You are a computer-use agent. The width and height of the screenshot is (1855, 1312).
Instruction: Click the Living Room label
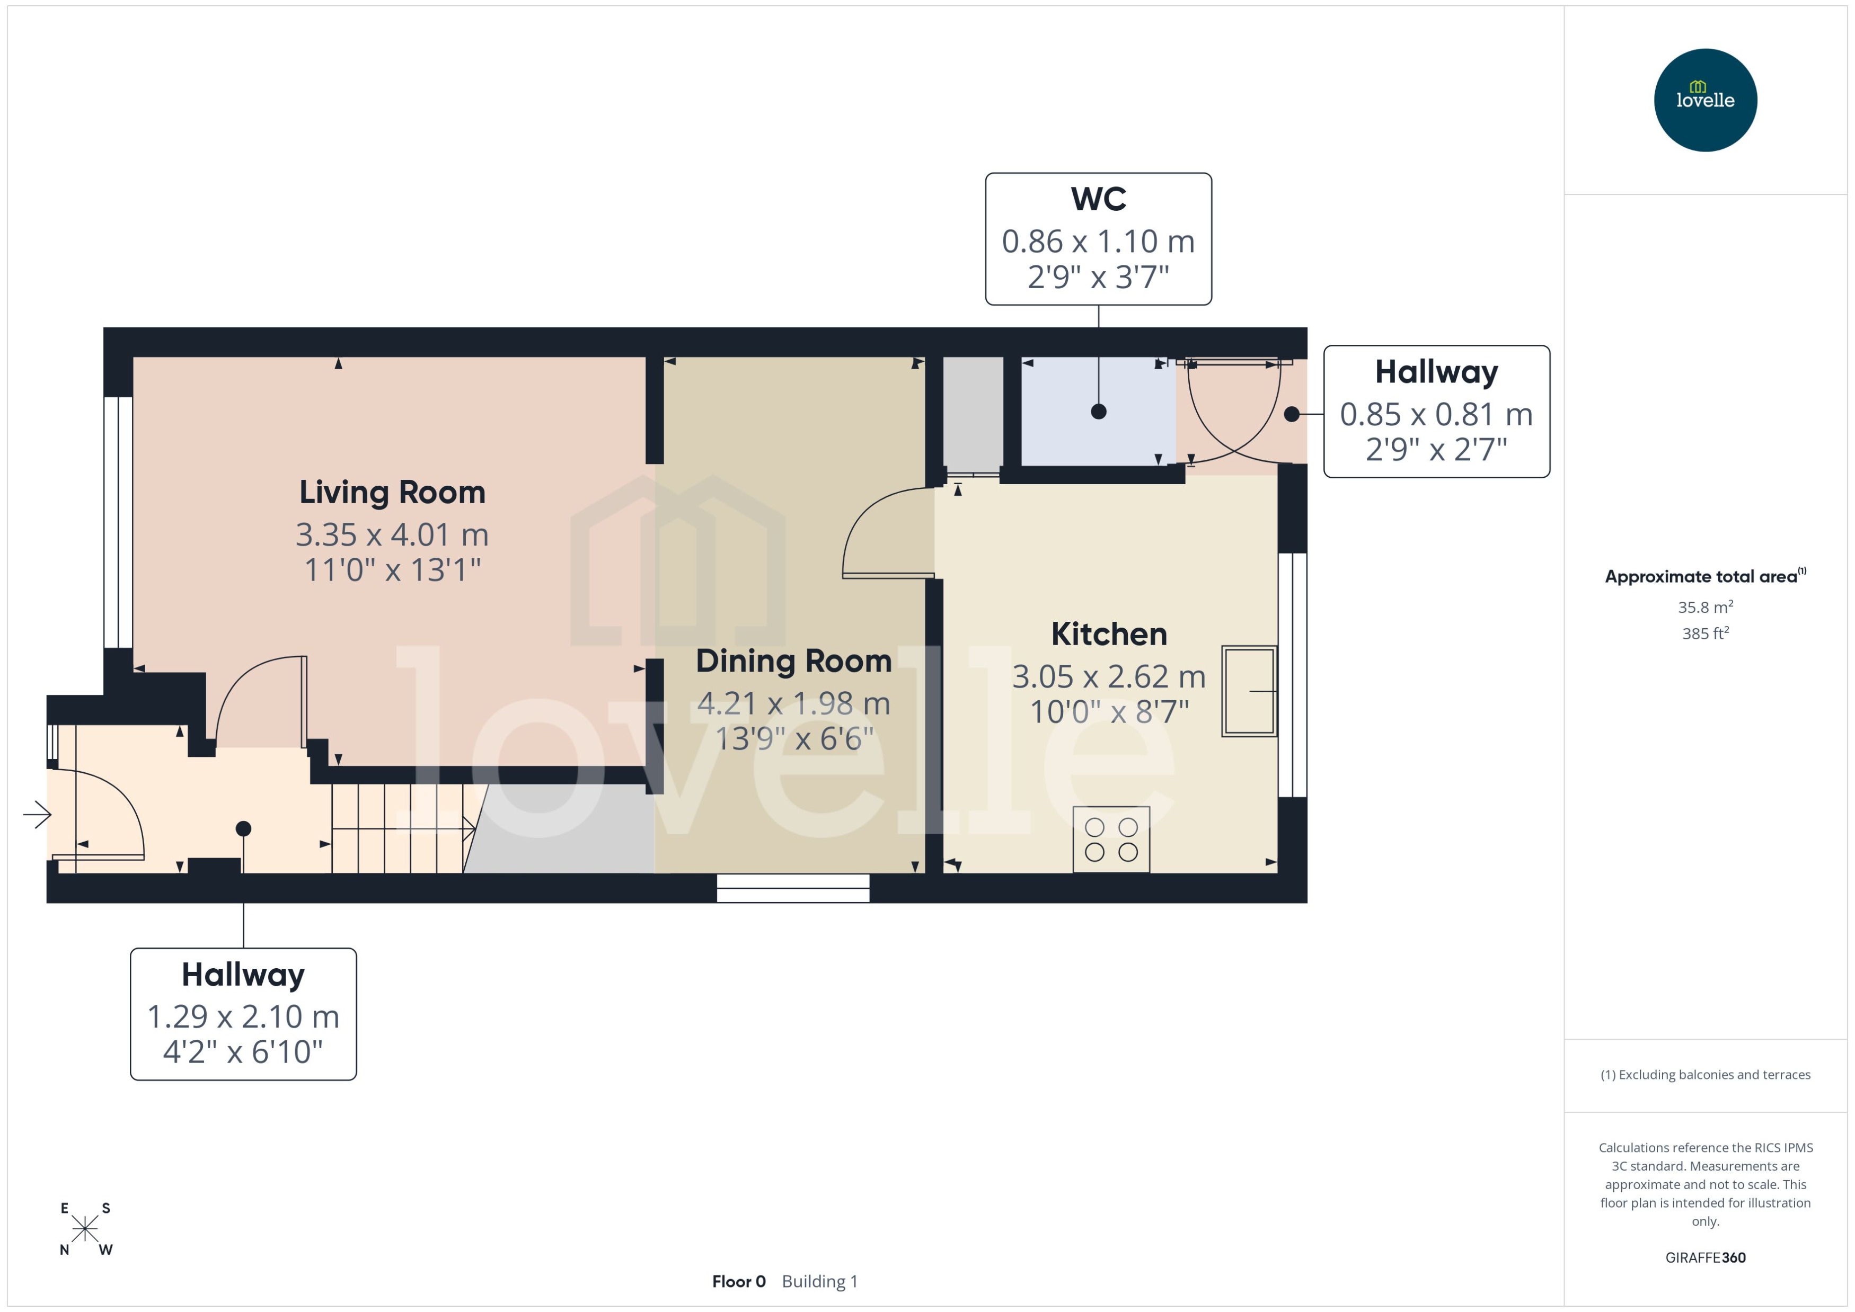click(x=392, y=492)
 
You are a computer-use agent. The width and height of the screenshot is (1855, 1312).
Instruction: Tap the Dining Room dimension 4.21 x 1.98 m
click(x=793, y=703)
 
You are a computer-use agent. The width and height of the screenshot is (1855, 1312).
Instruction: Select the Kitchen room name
click(x=1109, y=634)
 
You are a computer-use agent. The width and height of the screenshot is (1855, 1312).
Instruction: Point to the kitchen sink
click(x=1249, y=691)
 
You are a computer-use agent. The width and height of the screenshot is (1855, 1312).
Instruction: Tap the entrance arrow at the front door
click(x=37, y=814)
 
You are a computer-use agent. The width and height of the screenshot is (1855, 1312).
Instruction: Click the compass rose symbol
click(x=85, y=1229)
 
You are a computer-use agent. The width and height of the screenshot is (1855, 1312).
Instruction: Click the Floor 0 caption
click(x=738, y=1281)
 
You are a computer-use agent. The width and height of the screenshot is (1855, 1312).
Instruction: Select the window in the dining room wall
click(x=792, y=888)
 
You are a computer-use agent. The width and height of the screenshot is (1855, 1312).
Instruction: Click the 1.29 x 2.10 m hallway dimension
click(x=243, y=1016)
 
